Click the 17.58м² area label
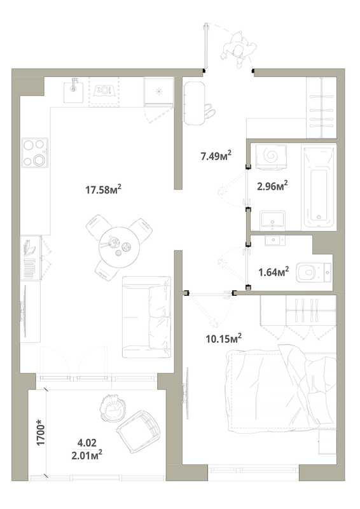pyautogui.click(x=103, y=189)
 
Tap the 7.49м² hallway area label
pyautogui.click(x=216, y=155)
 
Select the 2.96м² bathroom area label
pyautogui.click(x=272, y=186)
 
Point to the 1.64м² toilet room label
pyautogui.click(x=273, y=272)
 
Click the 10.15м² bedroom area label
pyautogui.click(x=224, y=338)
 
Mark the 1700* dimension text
pyautogui.click(x=41, y=432)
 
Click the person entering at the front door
pyautogui.click(x=239, y=49)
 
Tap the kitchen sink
pyautogui.click(x=74, y=91)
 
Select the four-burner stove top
pyautogui.click(x=35, y=153)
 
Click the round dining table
pyautogui.click(x=119, y=247)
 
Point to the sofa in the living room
pyautogui.click(x=146, y=317)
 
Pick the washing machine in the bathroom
pyautogui.click(x=272, y=157)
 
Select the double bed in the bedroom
pyautogui.click(x=282, y=389)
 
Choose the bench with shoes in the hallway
pyautogui.click(x=195, y=103)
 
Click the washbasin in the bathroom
pyautogui.click(x=272, y=220)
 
